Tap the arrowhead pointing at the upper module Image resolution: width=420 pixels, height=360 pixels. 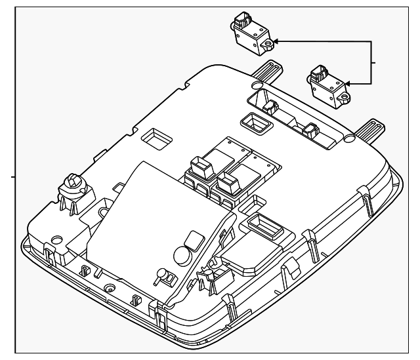(x=278, y=41)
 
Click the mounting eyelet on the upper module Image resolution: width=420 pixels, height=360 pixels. (x=269, y=44)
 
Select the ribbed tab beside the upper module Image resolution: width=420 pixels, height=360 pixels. (x=265, y=69)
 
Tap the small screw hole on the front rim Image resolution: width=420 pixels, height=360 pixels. (x=108, y=287)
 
